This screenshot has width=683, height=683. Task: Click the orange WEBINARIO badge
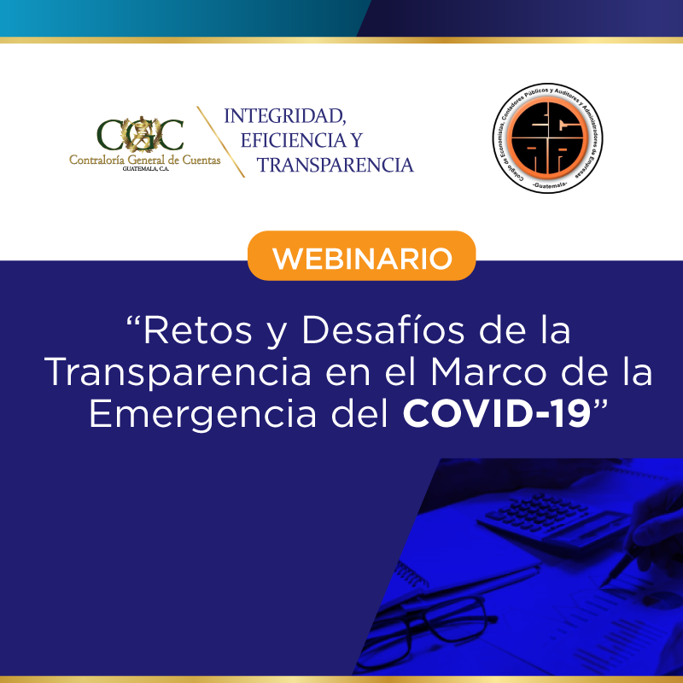pyautogui.click(x=361, y=255)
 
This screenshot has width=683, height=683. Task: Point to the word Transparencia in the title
pyautogui.click(x=178, y=372)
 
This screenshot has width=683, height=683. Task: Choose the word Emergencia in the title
pyautogui.click(x=203, y=414)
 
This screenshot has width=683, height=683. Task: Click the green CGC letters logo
pyautogui.click(x=140, y=135)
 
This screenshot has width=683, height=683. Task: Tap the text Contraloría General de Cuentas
pyautogui.click(x=145, y=161)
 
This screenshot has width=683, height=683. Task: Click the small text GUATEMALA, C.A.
pyautogui.click(x=145, y=168)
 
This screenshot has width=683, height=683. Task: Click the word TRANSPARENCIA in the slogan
pyautogui.click(x=335, y=165)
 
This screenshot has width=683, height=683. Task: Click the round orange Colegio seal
pyautogui.click(x=547, y=138)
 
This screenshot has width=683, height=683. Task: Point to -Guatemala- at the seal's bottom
pyautogui.click(x=548, y=185)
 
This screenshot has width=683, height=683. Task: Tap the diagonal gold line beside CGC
pyautogui.click(x=220, y=142)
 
